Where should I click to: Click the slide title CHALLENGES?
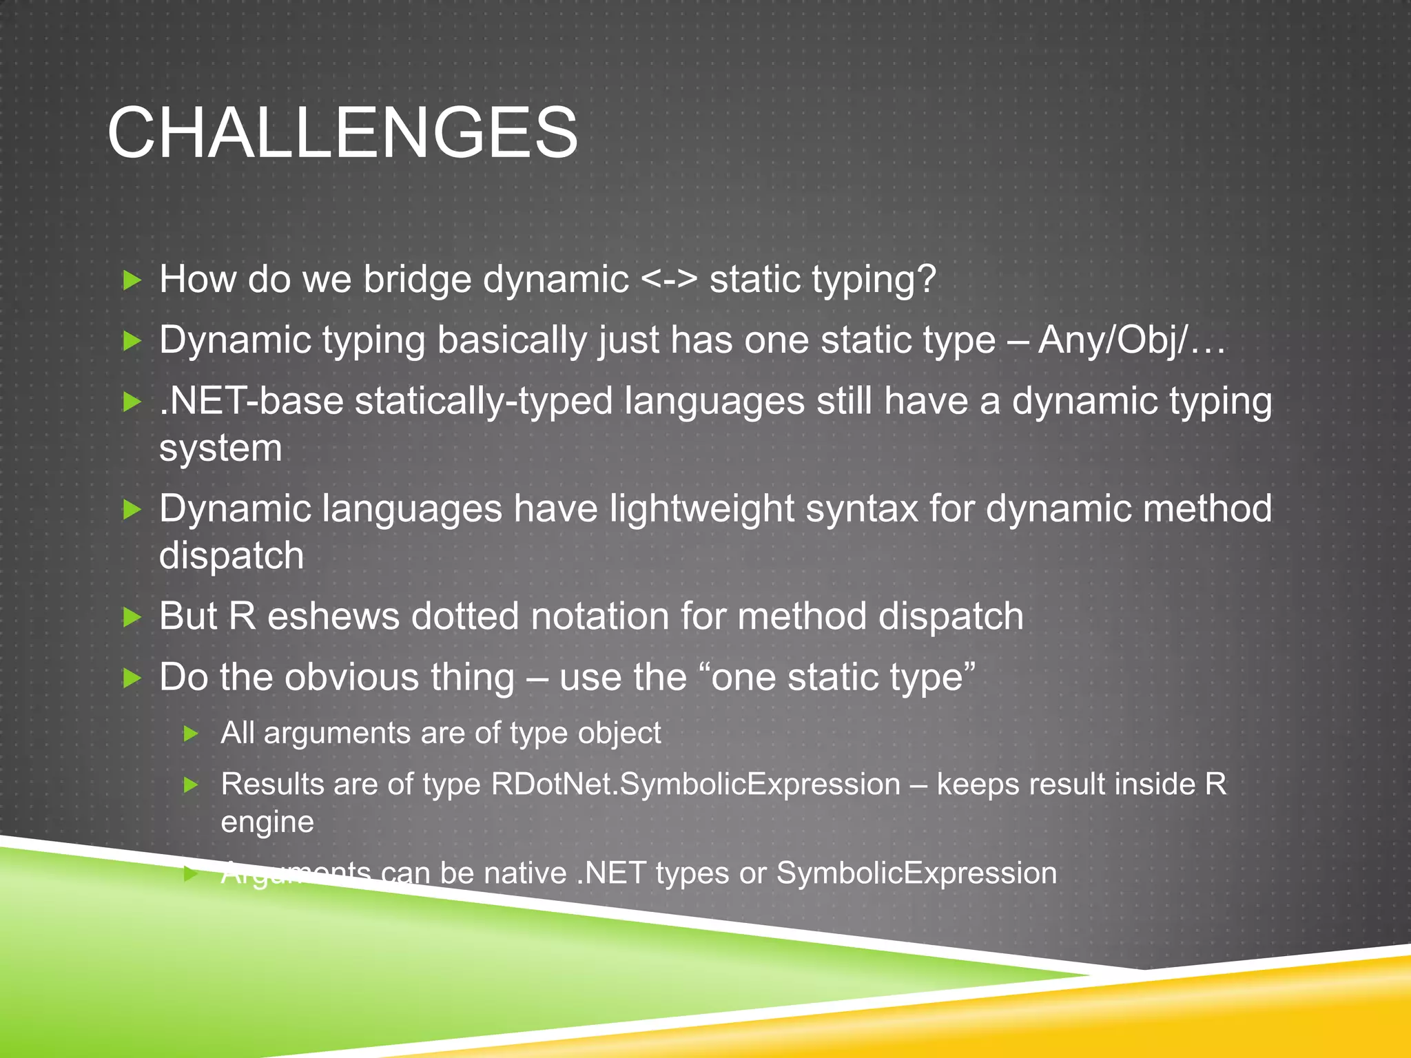(x=342, y=133)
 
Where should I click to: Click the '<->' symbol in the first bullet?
(x=669, y=280)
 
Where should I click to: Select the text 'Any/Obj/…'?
(x=1132, y=340)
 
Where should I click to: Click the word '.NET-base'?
(x=251, y=401)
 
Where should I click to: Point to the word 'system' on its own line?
(x=220, y=448)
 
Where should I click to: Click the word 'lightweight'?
(x=701, y=509)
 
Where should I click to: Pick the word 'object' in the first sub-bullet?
(x=619, y=733)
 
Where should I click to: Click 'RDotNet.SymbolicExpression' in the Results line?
(x=695, y=785)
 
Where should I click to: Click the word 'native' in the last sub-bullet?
(x=525, y=873)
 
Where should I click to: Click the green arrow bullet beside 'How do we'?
(x=132, y=280)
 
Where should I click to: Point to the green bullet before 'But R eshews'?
(x=132, y=616)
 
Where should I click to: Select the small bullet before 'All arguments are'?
(x=192, y=734)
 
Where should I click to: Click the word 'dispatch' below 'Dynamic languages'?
(x=231, y=556)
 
